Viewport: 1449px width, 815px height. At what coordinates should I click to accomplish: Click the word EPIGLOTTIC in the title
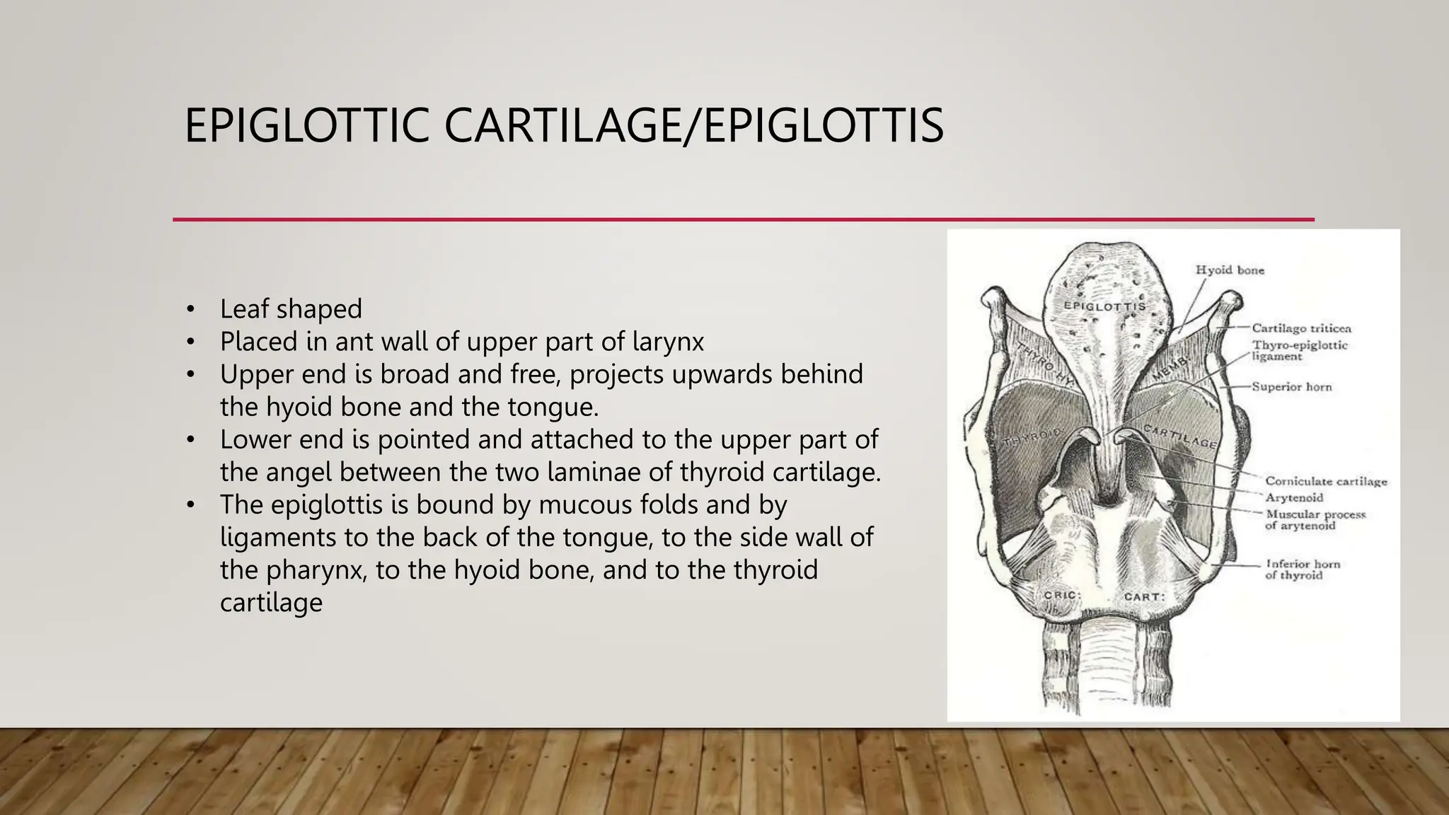point(306,126)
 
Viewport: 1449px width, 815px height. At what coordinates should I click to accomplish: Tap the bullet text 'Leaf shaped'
point(291,309)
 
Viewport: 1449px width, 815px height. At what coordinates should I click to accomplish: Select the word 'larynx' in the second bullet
point(668,342)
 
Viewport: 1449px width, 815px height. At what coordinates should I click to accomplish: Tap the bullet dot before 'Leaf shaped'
point(190,309)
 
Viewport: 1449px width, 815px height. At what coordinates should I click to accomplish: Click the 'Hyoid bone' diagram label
point(1230,270)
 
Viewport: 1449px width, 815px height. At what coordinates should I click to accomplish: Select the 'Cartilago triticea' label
point(1301,328)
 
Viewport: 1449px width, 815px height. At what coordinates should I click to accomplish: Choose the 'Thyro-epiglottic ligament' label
point(1300,351)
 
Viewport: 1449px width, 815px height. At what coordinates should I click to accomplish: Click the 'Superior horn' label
point(1291,387)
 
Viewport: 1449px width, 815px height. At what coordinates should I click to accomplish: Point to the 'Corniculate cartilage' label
point(1326,482)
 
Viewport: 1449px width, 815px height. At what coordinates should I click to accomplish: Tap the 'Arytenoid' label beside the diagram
point(1294,498)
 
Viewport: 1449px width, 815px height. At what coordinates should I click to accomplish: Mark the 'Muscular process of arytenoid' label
point(1315,520)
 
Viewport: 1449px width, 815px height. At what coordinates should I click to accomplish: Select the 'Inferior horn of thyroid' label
point(1303,570)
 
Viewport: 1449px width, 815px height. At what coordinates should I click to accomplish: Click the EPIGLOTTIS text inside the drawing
point(1104,306)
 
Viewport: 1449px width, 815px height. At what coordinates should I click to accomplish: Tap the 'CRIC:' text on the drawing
point(1062,596)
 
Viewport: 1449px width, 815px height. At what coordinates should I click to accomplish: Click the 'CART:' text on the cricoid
point(1143,597)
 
